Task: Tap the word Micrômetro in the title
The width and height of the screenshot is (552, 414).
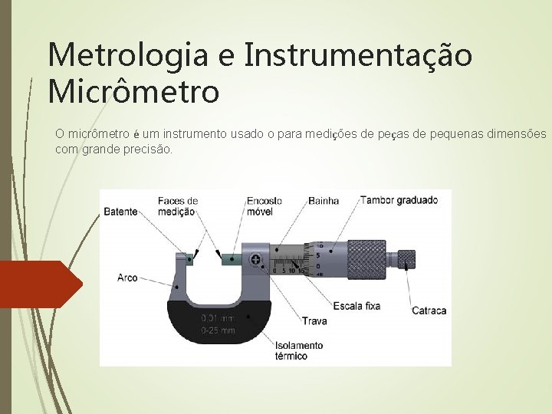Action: [133, 92]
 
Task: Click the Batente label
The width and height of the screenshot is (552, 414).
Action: [120, 212]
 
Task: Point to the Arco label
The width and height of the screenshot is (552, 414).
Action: [128, 278]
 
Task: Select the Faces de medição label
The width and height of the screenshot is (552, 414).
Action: [178, 206]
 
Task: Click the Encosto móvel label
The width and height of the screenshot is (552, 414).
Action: [264, 206]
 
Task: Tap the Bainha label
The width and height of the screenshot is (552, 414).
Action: [324, 201]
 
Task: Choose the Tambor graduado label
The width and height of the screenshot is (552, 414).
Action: [399, 200]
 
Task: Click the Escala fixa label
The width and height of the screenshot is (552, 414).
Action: [356, 306]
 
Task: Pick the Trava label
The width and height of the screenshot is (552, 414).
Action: [314, 320]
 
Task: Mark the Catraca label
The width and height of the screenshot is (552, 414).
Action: [429, 310]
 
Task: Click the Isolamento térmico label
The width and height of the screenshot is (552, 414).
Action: [299, 350]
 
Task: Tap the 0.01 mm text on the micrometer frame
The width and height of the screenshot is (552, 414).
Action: [218, 319]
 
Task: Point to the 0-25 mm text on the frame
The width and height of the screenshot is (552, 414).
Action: [218, 330]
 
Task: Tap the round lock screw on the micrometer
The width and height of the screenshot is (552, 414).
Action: [255, 261]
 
